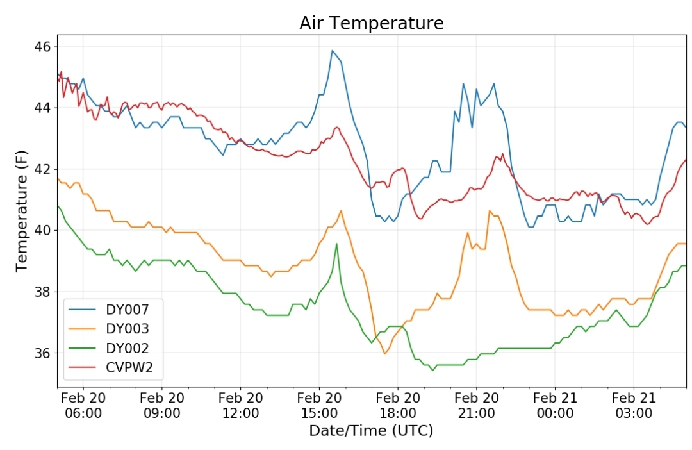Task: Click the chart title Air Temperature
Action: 371,23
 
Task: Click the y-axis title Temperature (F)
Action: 21,212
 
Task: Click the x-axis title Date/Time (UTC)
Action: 371,430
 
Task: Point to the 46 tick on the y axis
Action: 42,47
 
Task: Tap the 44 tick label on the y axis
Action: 42,108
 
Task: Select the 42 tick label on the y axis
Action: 42,169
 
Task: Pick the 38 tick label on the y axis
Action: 42,292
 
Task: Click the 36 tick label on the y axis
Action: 42,353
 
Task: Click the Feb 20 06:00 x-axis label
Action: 83,405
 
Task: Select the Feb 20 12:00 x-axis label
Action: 240,405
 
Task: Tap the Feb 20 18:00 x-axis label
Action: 398,405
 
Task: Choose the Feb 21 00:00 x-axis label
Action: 555,405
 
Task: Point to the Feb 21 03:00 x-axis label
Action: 634,405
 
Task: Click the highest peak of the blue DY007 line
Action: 333,51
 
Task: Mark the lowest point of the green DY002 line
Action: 432,370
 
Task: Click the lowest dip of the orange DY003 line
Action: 384,354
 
